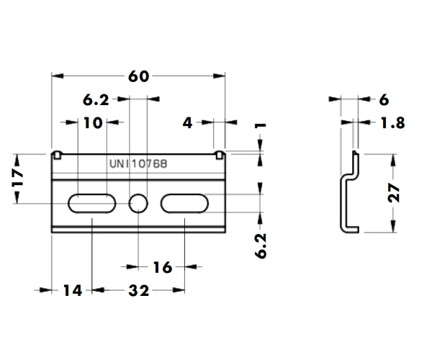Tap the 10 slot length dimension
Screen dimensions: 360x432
click(x=92, y=122)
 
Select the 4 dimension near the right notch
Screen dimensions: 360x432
click(x=188, y=123)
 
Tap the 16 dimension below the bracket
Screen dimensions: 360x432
click(x=162, y=268)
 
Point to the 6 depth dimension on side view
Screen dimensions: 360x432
click(x=383, y=100)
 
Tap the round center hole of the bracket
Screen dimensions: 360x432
click(x=138, y=204)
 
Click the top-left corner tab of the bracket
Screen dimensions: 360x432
click(x=57, y=154)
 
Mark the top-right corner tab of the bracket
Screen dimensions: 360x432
click(x=221, y=154)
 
